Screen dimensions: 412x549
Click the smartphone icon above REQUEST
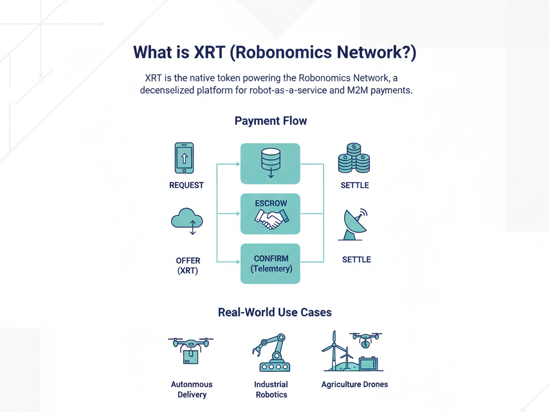coord(184,158)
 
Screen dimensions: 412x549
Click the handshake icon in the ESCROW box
coord(271,219)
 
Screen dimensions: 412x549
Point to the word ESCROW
coord(271,203)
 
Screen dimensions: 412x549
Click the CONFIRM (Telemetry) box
coord(270,263)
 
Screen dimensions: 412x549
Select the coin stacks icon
coord(354,158)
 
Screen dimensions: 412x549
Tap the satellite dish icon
coord(353,224)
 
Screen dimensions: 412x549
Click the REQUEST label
coord(187,185)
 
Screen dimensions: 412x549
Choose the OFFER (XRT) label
coord(188,265)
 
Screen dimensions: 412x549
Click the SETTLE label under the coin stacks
coord(355,185)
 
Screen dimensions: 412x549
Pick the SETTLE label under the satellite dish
coord(357,260)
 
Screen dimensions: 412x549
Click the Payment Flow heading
coord(271,120)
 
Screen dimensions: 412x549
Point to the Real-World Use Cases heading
coord(274,312)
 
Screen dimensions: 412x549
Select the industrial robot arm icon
coord(271,353)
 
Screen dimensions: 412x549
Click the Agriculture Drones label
coord(354,384)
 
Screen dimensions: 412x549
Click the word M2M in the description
coord(359,90)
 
